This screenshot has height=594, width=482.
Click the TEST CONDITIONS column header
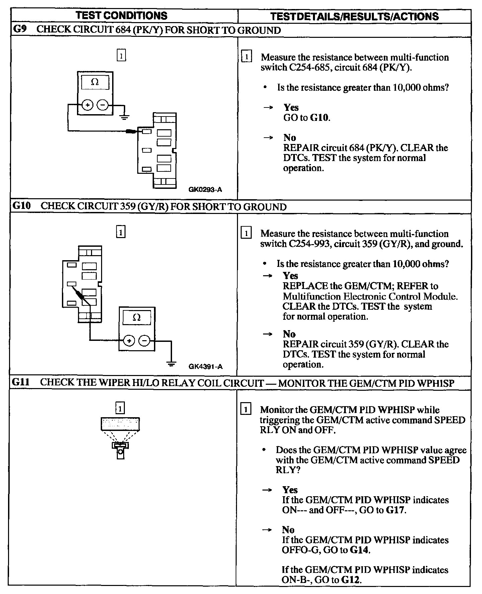[x=122, y=15]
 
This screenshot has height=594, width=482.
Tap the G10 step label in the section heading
[x=21, y=206]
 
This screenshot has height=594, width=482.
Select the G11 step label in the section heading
[x=21, y=382]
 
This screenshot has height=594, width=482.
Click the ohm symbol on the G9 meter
[x=95, y=82]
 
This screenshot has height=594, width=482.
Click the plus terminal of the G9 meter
[x=87, y=105]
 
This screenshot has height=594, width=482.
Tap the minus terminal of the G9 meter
[x=102, y=105]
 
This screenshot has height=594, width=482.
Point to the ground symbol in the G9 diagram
[x=125, y=117]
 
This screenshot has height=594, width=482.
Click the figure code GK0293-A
[x=205, y=190]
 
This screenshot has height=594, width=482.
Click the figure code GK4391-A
[x=205, y=366]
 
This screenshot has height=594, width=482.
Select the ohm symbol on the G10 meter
[x=137, y=317]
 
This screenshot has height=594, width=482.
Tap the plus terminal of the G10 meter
[x=129, y=341]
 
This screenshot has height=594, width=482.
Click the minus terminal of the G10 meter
[x=144, y=341]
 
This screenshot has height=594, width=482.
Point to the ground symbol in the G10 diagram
[x=171, y=364]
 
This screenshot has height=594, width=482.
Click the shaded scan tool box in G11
[x=120, y=424]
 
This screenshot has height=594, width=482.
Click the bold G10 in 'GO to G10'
[x=320, y=118]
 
